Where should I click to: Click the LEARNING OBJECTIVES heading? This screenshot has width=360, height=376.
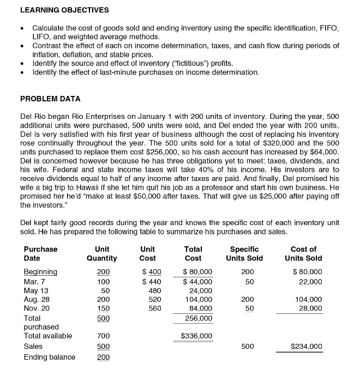[64, 10]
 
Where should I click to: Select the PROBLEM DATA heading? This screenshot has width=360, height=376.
[50, 99]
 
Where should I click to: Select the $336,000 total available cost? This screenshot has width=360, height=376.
[197, 336]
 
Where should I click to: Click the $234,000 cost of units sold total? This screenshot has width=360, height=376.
[306, 346]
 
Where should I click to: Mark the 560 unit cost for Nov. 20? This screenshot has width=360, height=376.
[155, 308]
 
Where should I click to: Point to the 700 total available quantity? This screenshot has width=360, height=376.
[103, 336]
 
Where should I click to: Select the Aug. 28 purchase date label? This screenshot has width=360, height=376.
[37, 299]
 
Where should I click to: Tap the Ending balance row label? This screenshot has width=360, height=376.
[50, 357]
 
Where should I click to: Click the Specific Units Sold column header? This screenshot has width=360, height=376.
[244, 253]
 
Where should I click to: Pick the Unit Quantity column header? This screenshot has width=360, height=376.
[103, 253]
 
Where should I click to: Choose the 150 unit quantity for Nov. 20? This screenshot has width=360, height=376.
[103, 308]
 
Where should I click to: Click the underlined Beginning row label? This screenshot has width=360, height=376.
[40, 272]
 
